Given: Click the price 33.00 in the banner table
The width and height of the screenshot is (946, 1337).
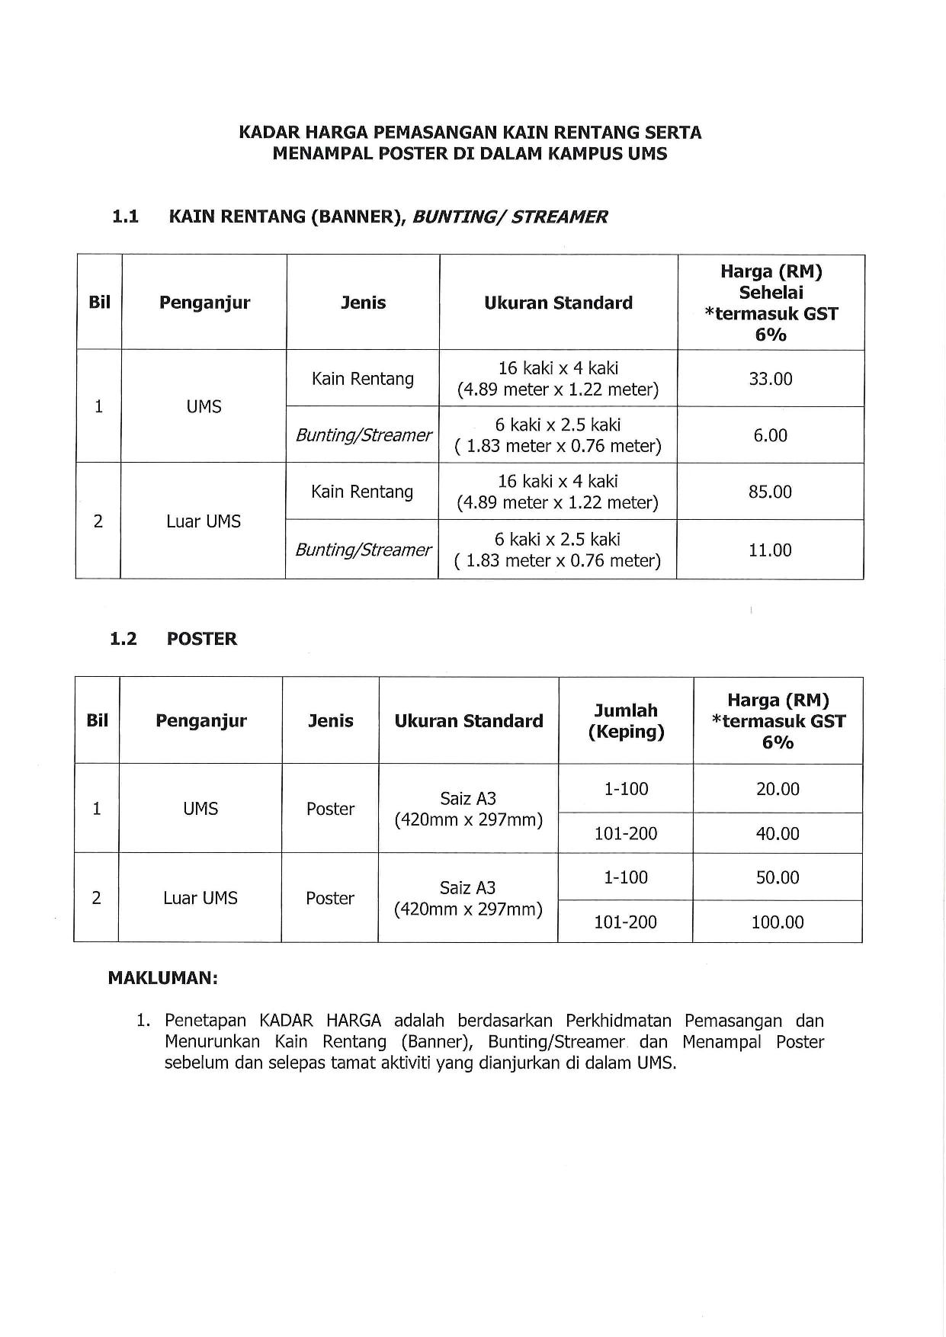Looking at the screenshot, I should click(x=770, y=379).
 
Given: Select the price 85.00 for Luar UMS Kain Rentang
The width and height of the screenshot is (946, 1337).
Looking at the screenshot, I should click(x=770, y=492).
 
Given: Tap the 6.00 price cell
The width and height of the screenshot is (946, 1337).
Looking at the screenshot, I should click(x=770, y=435).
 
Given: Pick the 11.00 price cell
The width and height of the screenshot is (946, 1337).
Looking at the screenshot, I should click(x=770, y=550).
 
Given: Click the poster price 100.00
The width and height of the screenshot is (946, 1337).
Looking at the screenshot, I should click(x=777, y=922).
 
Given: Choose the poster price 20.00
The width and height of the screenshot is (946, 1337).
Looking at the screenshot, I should click(x=777, y=789).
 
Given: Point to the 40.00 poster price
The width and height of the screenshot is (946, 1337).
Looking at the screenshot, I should click(x=777, y=833).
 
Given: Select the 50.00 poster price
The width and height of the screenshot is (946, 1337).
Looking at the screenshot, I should click(x=777, y=877).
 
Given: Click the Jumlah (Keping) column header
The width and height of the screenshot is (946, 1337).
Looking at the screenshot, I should click(x=626, y=721).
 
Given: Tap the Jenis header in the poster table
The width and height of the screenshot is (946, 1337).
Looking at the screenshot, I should click(x=330, y=721).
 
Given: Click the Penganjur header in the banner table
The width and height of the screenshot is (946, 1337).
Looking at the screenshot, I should click(x=204, y=303).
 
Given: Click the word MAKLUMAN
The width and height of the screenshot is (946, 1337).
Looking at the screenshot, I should click(x=162, y=978).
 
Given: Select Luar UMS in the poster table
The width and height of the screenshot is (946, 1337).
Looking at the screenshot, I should click(x=200, y=898).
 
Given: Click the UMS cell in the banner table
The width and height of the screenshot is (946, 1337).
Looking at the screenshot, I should click(x=204, y=406).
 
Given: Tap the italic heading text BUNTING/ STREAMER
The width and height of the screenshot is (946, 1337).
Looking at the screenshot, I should click(x=509, y=216).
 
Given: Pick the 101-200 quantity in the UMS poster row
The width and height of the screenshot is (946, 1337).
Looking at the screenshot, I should click(x=625, y=833).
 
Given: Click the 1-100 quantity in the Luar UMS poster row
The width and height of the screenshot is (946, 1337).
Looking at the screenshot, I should click(x=625, y=877).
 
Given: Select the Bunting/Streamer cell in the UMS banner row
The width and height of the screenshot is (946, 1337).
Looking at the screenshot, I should click(x=363, y=435).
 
